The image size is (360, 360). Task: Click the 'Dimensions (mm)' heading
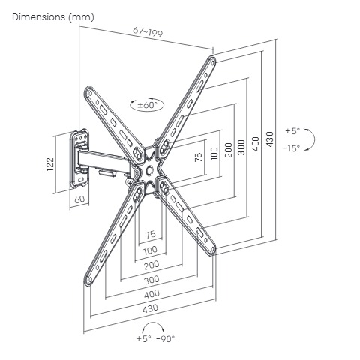53,17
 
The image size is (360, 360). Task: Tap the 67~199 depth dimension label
148,31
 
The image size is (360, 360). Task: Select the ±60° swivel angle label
147,105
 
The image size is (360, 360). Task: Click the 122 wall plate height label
50,164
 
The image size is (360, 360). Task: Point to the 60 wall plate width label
79,199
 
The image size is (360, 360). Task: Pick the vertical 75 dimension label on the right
198,157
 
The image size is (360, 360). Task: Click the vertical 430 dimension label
270,139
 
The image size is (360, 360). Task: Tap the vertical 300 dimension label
241,148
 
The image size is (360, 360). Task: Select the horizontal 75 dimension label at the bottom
150,235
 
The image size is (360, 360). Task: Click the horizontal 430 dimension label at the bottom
150,308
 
